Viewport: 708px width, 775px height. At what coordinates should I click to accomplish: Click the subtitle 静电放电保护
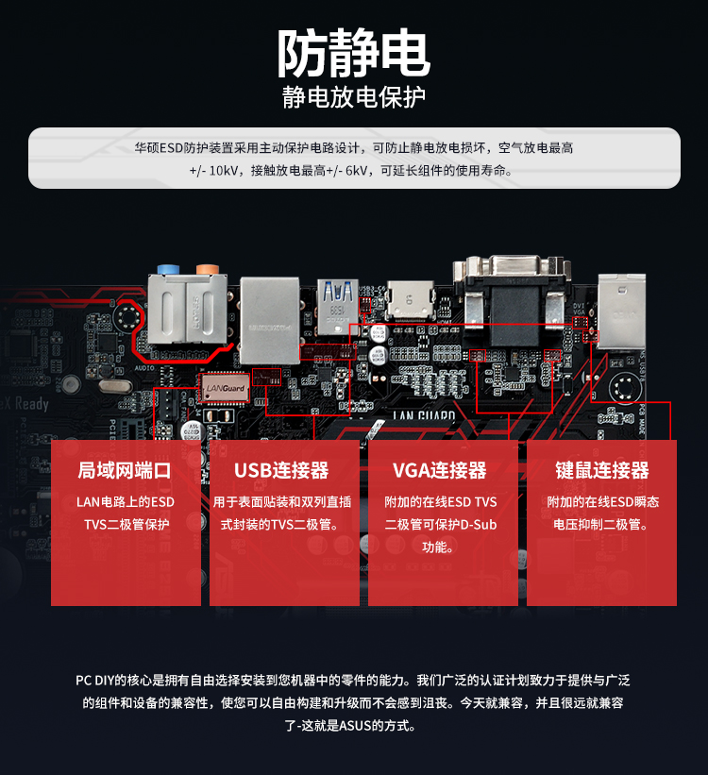coord(354,97)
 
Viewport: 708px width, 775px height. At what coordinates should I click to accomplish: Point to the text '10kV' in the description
coord(221,171)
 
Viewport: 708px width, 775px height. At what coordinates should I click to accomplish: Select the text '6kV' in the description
coord(356,171)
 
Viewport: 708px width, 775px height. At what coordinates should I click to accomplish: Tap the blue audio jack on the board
coord(170,269)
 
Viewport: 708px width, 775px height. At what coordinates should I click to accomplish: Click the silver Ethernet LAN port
coord(269,318)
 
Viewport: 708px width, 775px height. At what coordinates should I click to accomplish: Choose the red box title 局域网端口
coord(126,470)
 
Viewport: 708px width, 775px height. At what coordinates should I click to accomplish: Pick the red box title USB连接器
coord(281,470)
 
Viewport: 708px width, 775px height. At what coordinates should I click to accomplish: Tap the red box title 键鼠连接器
coord(602,470)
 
